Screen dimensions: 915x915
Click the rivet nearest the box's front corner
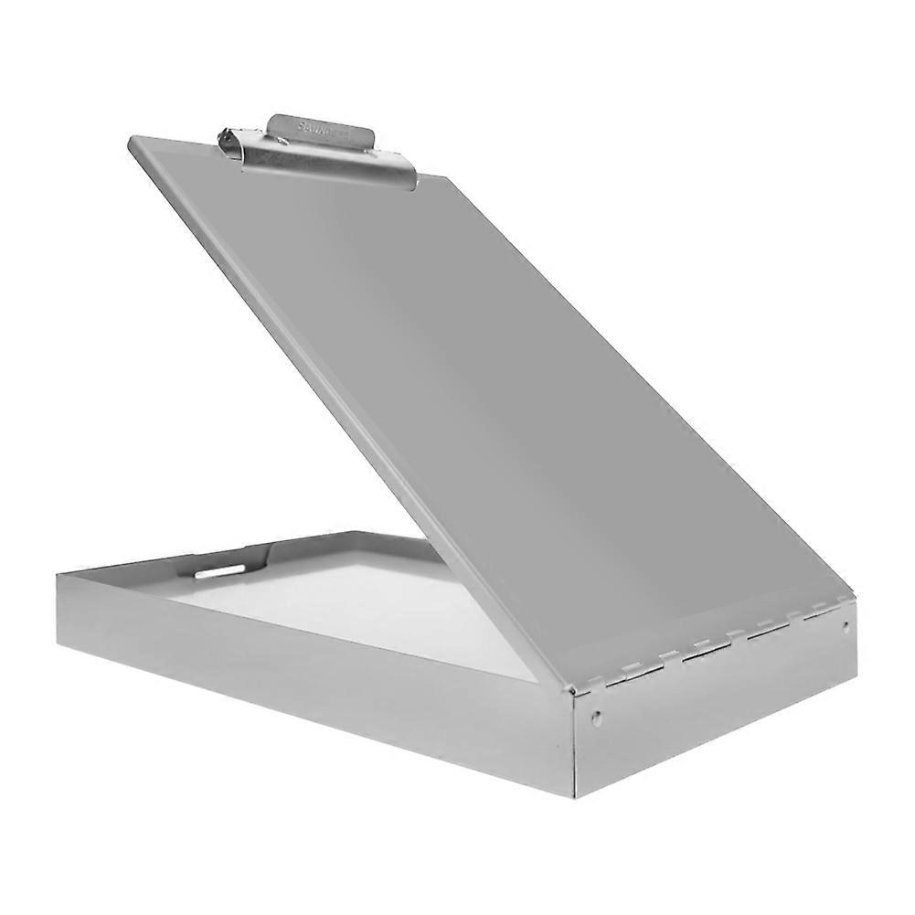coord(597,718)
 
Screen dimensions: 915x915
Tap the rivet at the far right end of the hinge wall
coord(846,627)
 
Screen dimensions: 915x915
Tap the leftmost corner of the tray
coord(59,574)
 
